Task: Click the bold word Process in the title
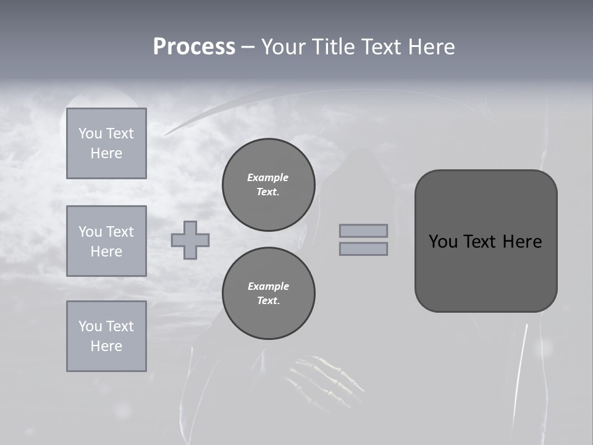click(194, 47)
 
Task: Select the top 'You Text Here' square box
click(106, 143)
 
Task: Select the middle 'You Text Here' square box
click(106, 241)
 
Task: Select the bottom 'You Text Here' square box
click(106, 336)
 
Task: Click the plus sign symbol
click(190, 240)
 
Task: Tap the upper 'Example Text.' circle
click(269, 185)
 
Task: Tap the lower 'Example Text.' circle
click(269, 293)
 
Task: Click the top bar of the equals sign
click(363, 231)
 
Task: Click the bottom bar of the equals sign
click(363, 249)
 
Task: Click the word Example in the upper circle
click(268, 177)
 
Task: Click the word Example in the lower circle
click(268, 286)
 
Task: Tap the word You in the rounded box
click(442, 242)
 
